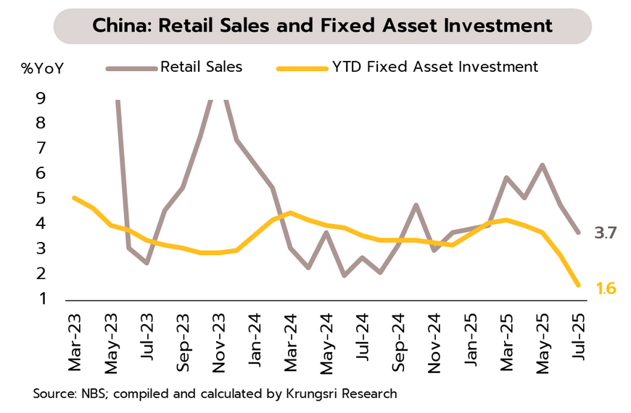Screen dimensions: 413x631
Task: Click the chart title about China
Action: coord(322,27)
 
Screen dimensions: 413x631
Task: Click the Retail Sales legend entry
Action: coord(201,67)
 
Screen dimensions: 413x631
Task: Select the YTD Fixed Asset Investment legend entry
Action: coord(435,67)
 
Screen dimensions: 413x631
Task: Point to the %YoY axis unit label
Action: coord(42,69)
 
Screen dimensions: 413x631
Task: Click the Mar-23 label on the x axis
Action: coord(75,343)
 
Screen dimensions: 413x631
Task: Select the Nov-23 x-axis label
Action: coord(220,343)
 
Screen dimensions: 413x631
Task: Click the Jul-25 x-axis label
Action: coord(578,343)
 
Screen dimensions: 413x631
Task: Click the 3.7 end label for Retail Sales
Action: coord(605,233)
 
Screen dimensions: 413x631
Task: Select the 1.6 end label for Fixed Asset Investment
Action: coord(606,288)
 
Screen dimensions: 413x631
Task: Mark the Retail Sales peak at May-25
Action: coord(542,165)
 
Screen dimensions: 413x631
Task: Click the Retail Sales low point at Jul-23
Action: coord(147,262)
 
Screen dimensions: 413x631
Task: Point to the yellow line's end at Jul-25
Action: coord(578,285)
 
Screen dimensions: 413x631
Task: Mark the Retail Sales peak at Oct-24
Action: coord(416,205)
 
